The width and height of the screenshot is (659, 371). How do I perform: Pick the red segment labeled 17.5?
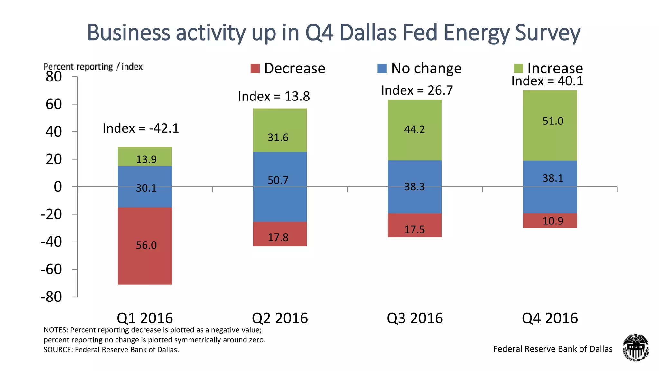click(415, 225)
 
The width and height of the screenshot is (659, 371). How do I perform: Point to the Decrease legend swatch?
click(255, 69)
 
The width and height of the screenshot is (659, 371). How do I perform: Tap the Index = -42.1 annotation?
click(141, 128)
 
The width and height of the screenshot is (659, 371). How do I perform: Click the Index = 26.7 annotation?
click(417, 90)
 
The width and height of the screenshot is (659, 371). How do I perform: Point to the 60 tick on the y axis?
click(54, 104)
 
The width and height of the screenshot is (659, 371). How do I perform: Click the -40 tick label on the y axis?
click(51, 242)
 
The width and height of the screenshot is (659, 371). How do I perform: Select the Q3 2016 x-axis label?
click(415, 318)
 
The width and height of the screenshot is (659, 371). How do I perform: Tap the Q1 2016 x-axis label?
click(145, 318)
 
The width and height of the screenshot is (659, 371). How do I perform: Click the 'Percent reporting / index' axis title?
click(93, 67)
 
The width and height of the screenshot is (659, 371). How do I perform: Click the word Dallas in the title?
click(368, 33)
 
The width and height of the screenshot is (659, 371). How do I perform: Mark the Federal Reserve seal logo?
click(636, 347)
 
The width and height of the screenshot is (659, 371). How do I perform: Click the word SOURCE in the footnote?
click(58, 350)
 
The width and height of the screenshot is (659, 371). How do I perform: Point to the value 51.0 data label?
click(553, 121)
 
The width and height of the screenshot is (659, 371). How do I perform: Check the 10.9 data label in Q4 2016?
click(553, 221)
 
